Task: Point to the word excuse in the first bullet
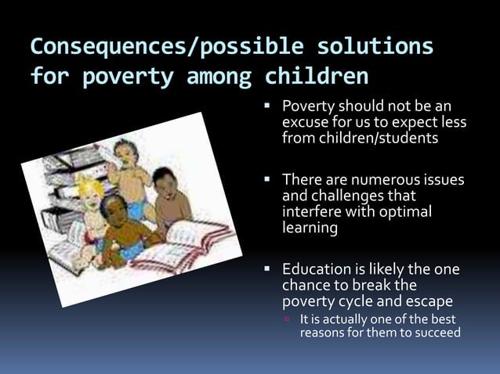tap(304, 123)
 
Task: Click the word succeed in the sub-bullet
tap(435, 333)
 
